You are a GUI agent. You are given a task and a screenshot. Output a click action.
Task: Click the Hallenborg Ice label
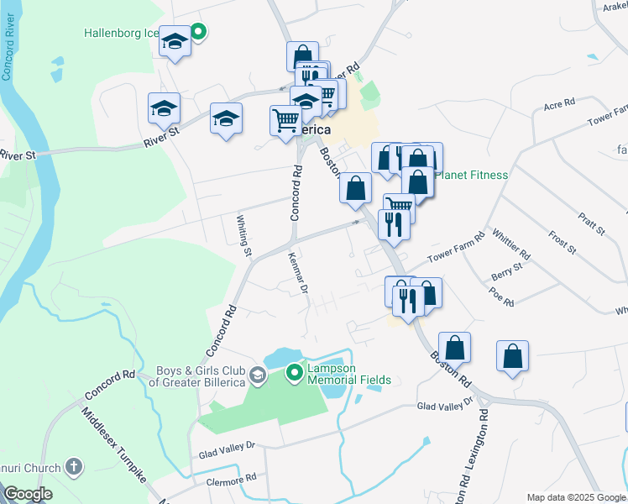[x=121, y=34]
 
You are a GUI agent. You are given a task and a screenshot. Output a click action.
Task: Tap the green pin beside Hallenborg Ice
[x=198, y=34]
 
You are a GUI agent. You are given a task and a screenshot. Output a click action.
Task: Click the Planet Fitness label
[x=476, y=175]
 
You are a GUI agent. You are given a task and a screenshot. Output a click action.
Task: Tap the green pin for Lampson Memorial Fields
[x=294, y=371]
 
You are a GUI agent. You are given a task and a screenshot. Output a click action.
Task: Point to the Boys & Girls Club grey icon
[x=259, y=375]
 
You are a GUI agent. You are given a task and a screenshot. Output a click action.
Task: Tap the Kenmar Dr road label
[x=295, y=273]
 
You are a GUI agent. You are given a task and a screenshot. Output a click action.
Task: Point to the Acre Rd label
[x=558, y=104]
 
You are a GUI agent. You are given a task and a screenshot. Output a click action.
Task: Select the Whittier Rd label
[x=511, y=244]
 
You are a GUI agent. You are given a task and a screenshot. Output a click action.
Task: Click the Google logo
[x=28, y=494]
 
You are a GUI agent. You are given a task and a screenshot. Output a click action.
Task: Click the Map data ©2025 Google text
[x=575, y=497]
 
